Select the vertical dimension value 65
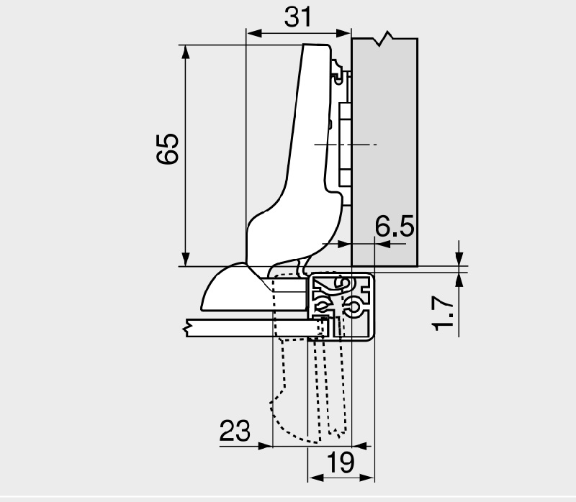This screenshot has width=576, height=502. (x=167, y=149)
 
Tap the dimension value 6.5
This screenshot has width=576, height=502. (x=394, y=228)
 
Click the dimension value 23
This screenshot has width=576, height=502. (x=235, y=431)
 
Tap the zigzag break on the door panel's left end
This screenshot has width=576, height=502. (x=189, y=328)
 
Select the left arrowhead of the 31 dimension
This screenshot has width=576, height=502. (x=252, y=32)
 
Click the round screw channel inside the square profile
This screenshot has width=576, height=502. (x=353, y=307)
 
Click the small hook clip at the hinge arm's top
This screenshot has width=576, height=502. (x=337, y=71)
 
